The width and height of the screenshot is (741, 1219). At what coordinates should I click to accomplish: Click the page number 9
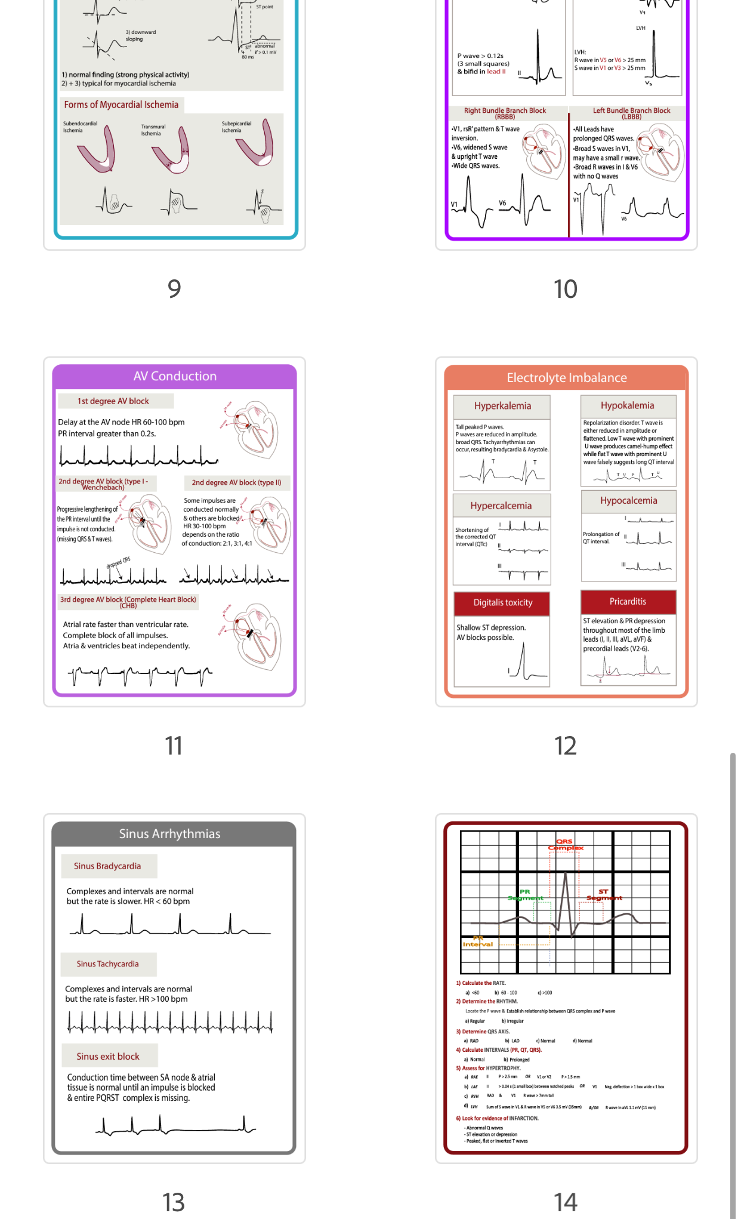(174, 289)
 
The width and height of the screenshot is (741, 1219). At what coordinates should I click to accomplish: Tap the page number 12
(565, 746)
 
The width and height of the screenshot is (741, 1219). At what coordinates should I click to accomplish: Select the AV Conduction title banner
(175, 376)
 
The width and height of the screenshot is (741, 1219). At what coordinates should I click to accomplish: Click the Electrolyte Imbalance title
(566, 378)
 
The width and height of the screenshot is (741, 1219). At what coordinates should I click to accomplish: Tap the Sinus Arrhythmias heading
(169, 834)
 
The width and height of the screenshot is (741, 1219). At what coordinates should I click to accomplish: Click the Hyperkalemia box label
(502, 406)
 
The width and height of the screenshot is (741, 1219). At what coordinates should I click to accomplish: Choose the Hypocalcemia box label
(628, 501)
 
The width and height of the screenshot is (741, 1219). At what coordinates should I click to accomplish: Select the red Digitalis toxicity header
(502, 603)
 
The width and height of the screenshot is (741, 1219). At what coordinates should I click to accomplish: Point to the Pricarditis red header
(628, 602)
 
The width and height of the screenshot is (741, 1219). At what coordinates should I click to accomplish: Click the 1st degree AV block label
(113, 401)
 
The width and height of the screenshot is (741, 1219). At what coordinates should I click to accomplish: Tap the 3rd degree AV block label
(128, 602)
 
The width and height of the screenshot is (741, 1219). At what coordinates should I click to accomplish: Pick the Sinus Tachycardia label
(107, 964)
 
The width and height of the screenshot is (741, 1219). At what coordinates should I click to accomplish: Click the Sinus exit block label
(108, 1056)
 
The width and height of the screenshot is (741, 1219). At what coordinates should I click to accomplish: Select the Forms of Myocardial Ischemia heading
(121, 104)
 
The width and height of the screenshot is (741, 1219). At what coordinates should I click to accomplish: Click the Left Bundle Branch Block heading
(631, 113)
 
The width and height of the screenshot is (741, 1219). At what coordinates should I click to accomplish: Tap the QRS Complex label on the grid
(565, 844)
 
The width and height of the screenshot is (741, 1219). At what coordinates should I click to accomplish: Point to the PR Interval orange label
(478, 941)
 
